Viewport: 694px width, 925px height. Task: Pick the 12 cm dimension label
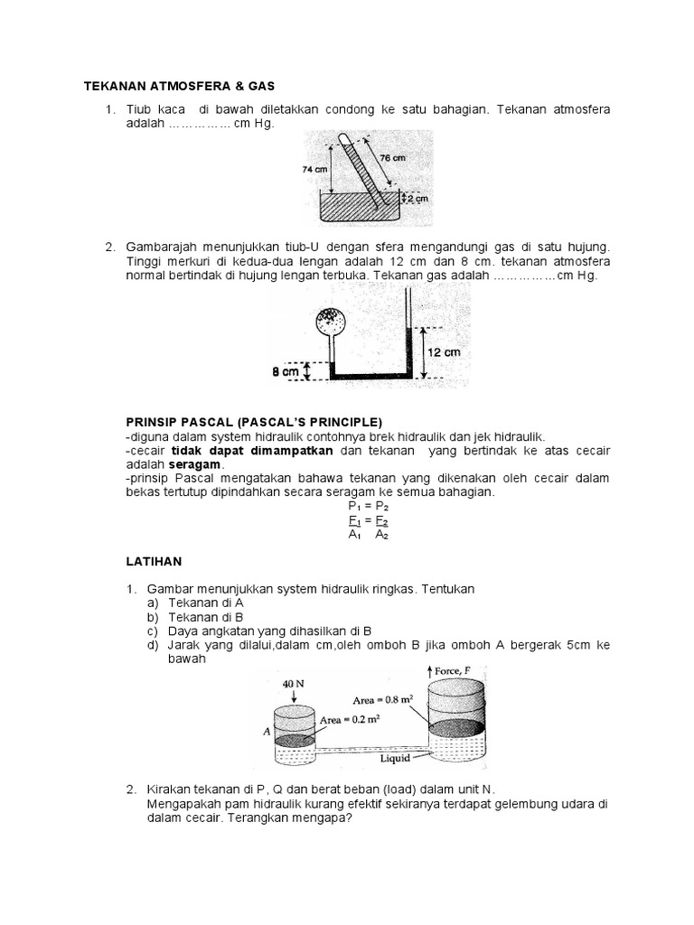click(444, 352)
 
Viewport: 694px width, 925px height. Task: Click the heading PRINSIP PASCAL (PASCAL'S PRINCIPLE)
click(254, 422)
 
